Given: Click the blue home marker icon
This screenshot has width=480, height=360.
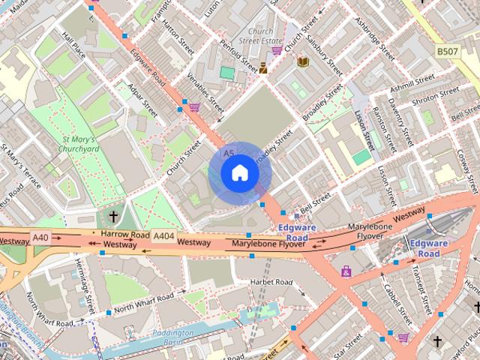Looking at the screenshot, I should pos(239,173).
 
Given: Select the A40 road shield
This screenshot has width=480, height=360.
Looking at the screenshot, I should pos(41,237).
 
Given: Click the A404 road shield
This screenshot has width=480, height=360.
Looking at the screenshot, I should pos(163,236).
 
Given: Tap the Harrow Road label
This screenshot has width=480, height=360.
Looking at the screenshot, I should pos(125,234).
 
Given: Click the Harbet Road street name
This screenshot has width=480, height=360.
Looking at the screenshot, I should pos(271,282).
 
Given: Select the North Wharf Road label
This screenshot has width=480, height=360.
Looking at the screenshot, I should pos(144,305).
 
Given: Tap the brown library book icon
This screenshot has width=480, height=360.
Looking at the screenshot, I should pos(303,61).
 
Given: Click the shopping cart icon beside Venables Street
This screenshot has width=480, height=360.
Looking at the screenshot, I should pos(194,107).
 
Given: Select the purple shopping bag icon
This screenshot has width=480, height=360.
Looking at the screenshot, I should pos(346,271).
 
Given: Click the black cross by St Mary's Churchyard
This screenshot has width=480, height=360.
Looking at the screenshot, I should pos(113,217).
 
